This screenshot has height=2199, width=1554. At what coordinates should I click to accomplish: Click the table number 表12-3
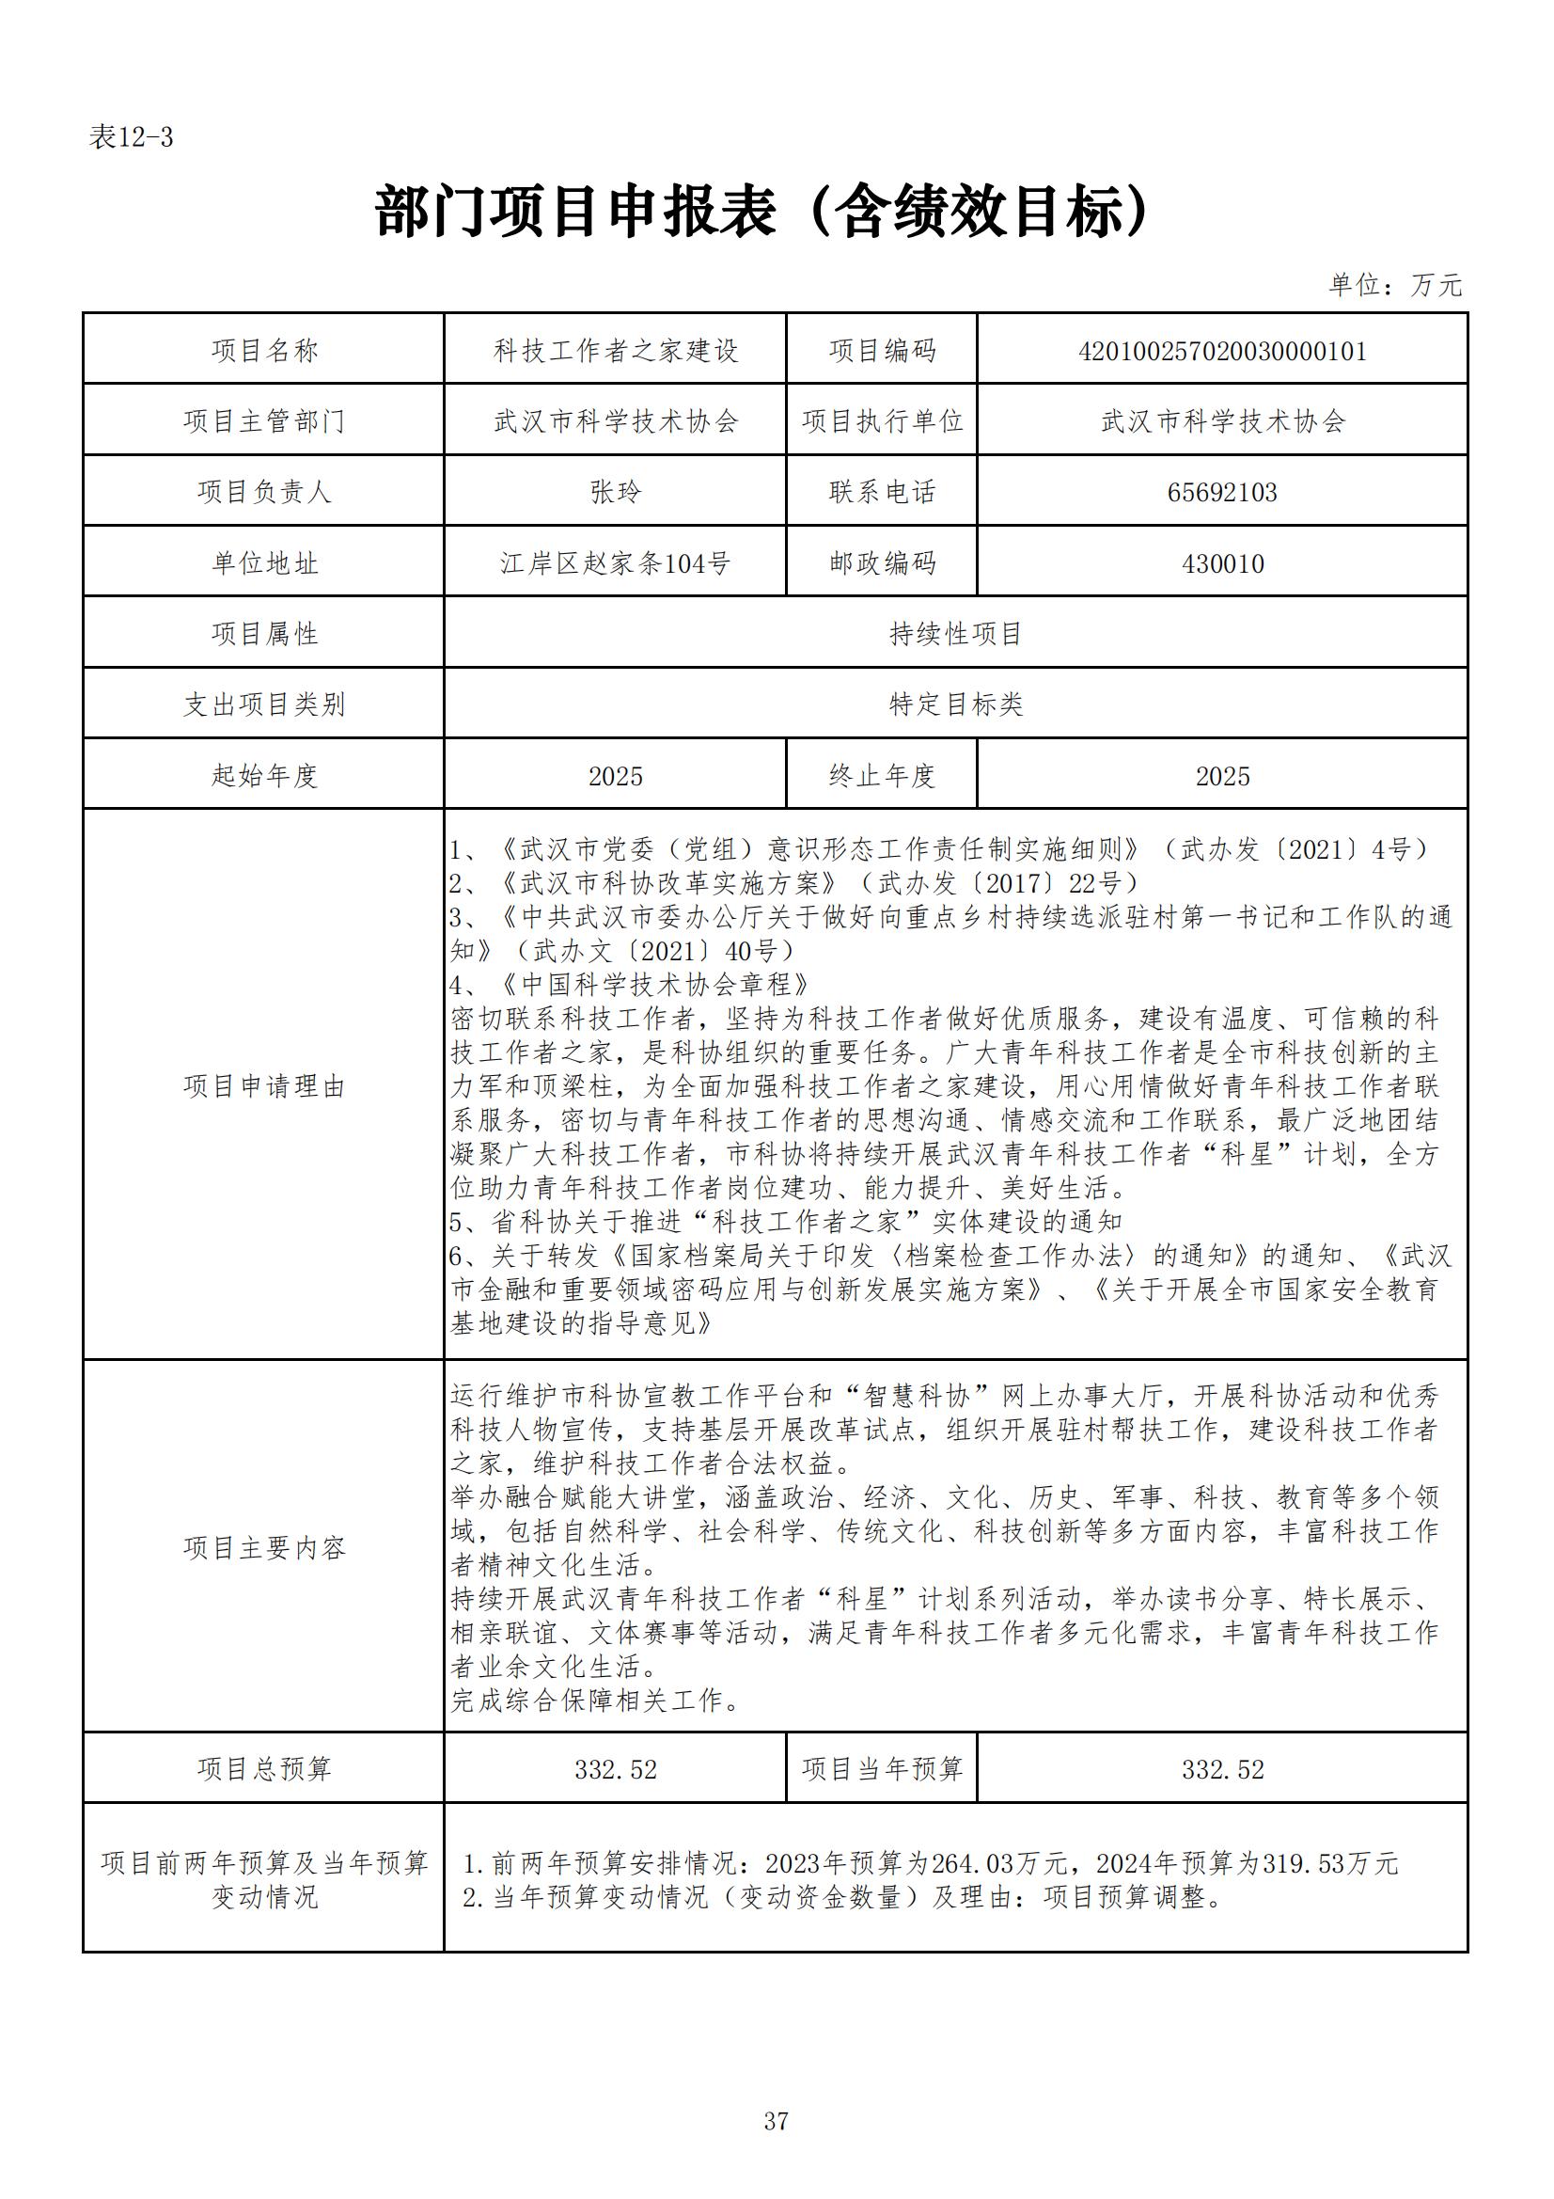(x=132, y=138)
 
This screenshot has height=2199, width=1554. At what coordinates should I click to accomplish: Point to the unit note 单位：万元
(x=1395, y=284)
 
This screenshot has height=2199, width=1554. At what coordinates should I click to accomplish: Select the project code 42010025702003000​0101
(x=1222, y=351)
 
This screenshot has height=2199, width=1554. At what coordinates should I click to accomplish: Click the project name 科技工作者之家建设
(x=616, y=351)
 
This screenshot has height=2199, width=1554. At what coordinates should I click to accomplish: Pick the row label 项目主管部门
(x=264, y=421)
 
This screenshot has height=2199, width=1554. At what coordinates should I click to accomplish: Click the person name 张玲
(x=616, y=492)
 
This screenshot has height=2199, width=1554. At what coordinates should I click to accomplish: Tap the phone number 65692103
(x=1222, y=492)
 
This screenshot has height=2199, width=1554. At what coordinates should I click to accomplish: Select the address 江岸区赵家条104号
(x=616, y=563)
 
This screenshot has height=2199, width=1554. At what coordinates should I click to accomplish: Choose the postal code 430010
(x=1222, y=563)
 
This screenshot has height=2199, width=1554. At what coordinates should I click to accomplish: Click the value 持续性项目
(x=955, y=634)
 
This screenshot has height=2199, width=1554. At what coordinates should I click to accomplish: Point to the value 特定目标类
(x=955, y=704)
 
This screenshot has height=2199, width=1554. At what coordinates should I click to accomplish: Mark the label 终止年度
(x=882, y=776)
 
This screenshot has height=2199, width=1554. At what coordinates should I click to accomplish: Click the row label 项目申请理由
(x=264, y=1086)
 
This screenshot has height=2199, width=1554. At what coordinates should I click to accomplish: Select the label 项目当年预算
(x=882, y=1769)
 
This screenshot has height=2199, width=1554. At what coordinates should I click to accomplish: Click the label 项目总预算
(x=264, y=1769)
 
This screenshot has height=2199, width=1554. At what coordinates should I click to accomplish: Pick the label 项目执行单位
(x=882, y=421)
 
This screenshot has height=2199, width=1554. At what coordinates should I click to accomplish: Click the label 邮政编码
(x=882, y=563)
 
